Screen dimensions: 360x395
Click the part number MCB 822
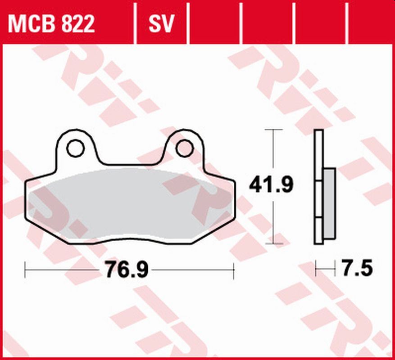tap(51, 23)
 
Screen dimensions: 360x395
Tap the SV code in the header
tap(161, 23)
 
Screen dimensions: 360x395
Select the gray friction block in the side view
tap(329, 203)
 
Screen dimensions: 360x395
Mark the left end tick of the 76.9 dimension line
tap(25, 270)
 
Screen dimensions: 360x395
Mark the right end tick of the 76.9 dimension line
tap(234, 270)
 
